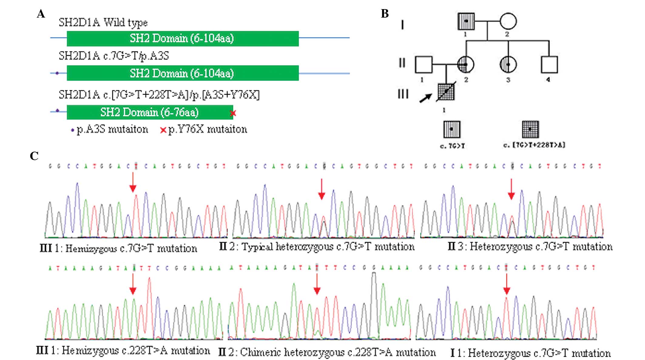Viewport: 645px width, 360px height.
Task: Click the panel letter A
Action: [x=41, y=14]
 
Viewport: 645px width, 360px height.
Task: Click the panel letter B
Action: [x=385, y=14]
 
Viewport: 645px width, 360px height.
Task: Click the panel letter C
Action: [x=34, y=156]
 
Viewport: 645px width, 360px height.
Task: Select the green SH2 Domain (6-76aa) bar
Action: [x=150, y=112]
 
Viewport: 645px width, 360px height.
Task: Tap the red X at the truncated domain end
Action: [x=233, y=113]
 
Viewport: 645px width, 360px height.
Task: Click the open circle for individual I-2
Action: [x=508, y=21]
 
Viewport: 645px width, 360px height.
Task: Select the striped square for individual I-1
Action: [x=466, y=21]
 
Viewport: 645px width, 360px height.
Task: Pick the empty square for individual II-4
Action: [x=549, y=65]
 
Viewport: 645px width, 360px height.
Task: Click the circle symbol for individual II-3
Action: [x=508, y=65]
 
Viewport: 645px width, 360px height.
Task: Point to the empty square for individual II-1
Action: [x=424, y=65]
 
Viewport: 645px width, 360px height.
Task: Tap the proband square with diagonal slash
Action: [x=446, y=92]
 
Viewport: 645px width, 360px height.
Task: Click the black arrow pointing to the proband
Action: [x=425, y=98]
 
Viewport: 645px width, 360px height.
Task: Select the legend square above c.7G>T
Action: [x=452, y=129]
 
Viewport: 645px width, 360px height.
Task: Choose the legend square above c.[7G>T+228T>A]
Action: [x=530, y=129]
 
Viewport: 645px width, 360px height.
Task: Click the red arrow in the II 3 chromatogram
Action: [x=512, y=189]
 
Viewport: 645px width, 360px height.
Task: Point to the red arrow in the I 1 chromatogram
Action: [x=506, y=284]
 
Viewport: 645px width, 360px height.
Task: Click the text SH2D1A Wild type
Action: [x=103, y=22]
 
